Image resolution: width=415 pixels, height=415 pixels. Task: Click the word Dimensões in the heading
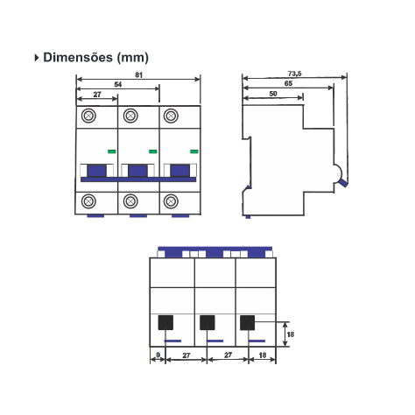click(78, 57)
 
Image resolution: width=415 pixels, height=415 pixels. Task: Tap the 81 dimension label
click(138, 75)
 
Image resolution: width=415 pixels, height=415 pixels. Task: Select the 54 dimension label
click(118, 85)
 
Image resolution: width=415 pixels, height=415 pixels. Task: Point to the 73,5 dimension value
click(295, 74)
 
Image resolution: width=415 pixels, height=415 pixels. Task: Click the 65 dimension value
click(288, 83)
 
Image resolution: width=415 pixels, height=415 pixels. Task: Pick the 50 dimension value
click(273, 94)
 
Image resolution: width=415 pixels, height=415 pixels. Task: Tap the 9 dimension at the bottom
click(158, 355)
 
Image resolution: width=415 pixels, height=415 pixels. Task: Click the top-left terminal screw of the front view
click(88, 116)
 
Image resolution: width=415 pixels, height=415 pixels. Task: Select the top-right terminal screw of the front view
click(171, 116)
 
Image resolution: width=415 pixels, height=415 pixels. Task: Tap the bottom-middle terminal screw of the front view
click(130, 201)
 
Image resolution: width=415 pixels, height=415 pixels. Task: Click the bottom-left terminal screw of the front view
click(88, 201)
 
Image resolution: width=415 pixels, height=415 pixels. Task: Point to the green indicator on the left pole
click(112, 151)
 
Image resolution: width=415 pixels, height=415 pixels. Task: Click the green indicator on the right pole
click(194, 151)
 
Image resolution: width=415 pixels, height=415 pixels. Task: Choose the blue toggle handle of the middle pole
click(137, 171)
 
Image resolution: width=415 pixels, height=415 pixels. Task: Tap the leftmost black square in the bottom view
click(165, 322)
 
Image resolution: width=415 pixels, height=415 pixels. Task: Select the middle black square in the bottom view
click(207, 322)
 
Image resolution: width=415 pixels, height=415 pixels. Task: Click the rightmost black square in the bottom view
click(248, 322)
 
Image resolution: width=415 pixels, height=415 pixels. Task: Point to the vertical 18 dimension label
click(291, 334)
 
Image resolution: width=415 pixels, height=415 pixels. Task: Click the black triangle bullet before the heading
click(37, 58)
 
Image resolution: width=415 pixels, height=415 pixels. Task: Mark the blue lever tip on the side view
click(343, 183)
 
